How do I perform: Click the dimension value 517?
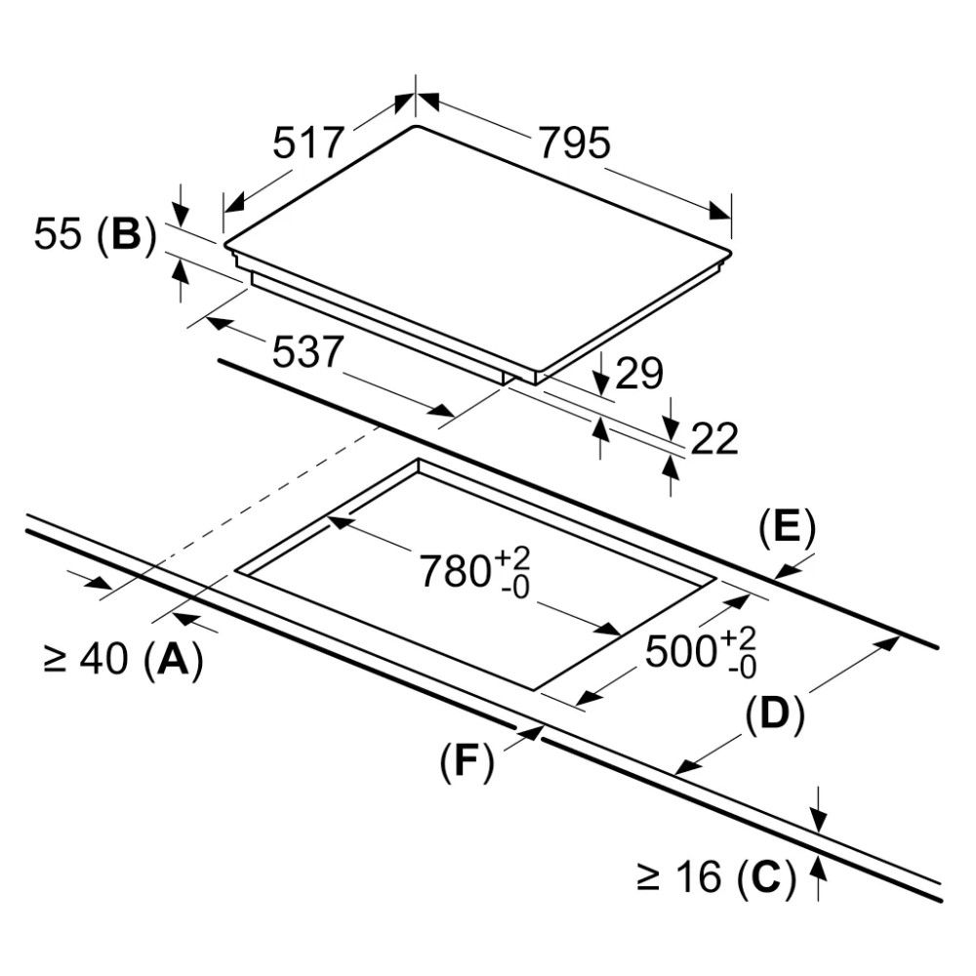pyautogui.click(x=307, y=143)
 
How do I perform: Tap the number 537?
pyautogui.click(x=308, y=352)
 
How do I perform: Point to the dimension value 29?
pyautogui.click(x=640, y=374)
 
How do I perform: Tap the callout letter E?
pyautogui.click(x=786, y=528)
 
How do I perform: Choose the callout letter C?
pyautogui.click(x=760, y=877)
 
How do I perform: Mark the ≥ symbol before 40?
pyautogui.click(x=55, y=662)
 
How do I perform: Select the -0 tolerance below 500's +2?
pyautogui.click(x=741, y=668)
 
